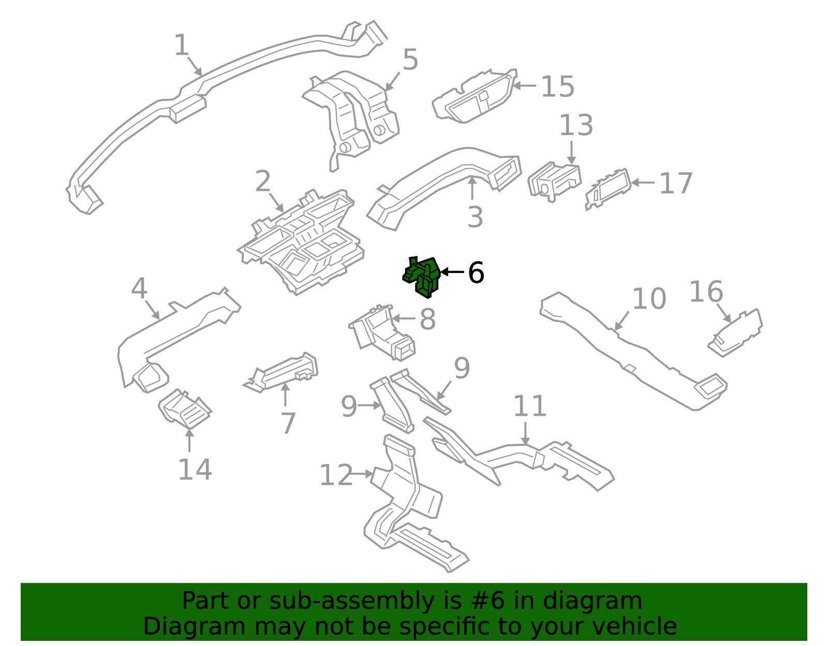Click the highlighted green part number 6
[x=422, y=277]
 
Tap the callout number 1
[x=181, y=46]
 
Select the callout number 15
[x=557, y=86]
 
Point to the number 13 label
[x=575, y=126]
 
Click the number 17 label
[x=675, y=184]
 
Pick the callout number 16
[x=705, y=292]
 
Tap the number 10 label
[x=649, y=299]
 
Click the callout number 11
[x=529, y=406]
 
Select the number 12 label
[x=336, y=475]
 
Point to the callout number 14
[x=195, y=470]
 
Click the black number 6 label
[x=476, y=273]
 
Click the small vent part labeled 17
[x=608, y=189]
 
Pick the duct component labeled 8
[x=383, y=334]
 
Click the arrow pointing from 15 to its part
[x=524, y=85]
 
